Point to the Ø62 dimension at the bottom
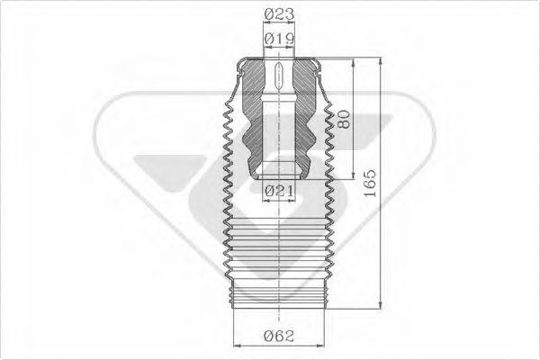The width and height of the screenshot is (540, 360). tap(282, 338)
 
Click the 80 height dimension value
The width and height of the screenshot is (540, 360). tap(342, 121)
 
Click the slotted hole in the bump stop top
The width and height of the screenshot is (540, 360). tap(278, 76)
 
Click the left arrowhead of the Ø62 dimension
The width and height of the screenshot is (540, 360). tap(236, 347)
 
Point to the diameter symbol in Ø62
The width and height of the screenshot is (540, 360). tap(271, 338)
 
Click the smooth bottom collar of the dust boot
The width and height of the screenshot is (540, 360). tap(278, 292)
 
